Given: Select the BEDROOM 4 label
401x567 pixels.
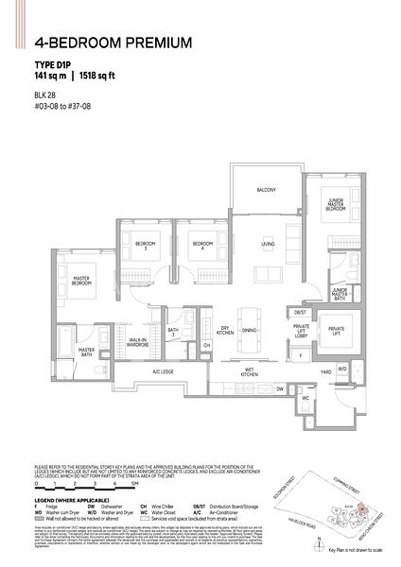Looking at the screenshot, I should [200, 244].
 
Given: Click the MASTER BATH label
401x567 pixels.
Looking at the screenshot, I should [92, 356].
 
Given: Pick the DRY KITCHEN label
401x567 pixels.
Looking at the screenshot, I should [225, 331].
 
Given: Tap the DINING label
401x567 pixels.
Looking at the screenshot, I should [250, 331].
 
